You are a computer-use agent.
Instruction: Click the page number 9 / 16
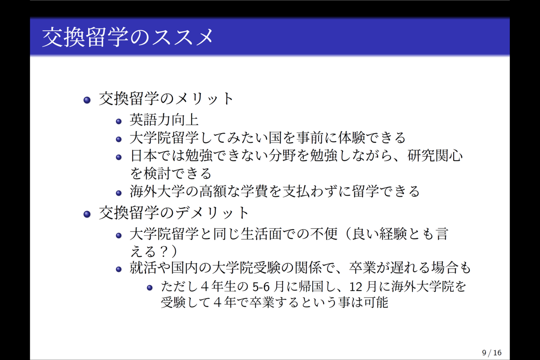pyautogui.click(x=492, y=353)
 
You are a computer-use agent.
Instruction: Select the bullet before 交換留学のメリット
pyautogui.click(x=87, y=100)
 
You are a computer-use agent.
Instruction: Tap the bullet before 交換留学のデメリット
pyautogui.click(x=87, y=214)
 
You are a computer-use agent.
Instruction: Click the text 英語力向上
pyautogui.click(x=164, y=120)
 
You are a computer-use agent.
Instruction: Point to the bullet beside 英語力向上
pyautogui.click(x=119, y=121)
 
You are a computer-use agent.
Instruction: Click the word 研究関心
pyautogui.click(x=435, y=156)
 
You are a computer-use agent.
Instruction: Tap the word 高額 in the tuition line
pyautogui.click(x=213, y=191)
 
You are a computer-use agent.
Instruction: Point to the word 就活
pyautogui.click(x=144, y=268)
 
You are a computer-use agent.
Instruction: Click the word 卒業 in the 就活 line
pyautogui.click(x=363, y=268)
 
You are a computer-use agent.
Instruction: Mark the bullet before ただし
pyautogui.click(x=150, y=288)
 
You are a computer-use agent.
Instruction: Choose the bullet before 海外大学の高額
pyautogui.click(x=119, y=193)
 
